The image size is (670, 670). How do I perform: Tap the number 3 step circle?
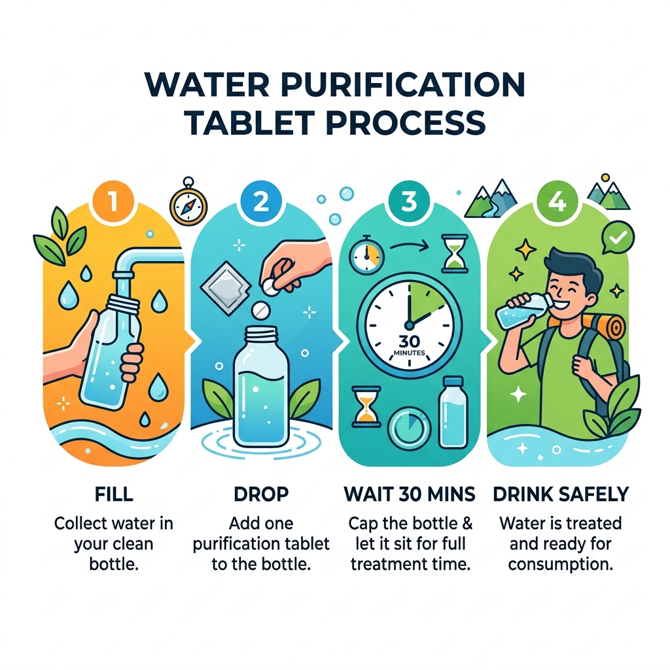point(408,201)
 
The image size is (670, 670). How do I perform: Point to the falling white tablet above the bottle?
point(260,308)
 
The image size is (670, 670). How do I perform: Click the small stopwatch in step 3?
point(366,255)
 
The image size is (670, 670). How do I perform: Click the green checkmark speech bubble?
point(618,237)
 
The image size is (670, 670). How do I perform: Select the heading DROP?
point(260,493)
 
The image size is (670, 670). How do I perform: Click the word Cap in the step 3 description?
point(363,524)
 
